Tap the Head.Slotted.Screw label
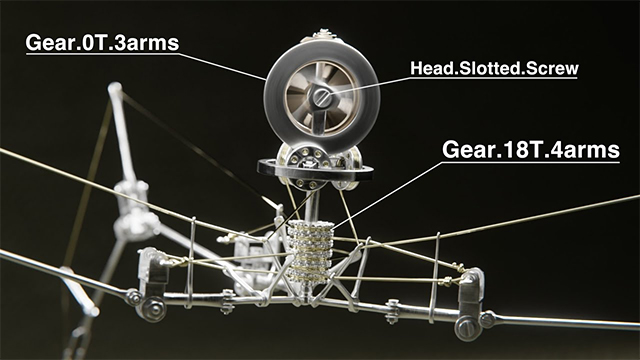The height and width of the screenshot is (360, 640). (494, 69)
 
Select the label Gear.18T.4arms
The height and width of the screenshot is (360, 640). (531, 150)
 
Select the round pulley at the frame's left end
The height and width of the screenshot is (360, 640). (152, 308)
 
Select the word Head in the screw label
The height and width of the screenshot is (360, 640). (430, 69)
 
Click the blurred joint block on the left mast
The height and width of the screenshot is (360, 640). (129, 196)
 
